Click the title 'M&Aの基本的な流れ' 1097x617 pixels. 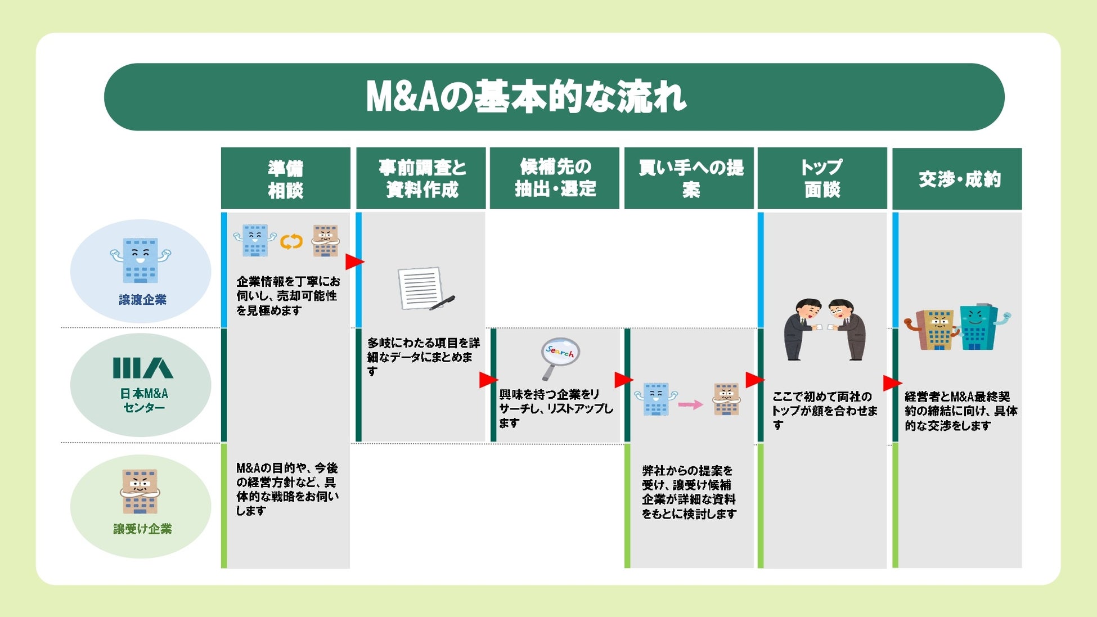pyautogui.click(x=526, y=97)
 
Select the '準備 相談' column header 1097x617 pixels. pyautogui.click(x=285, y=179)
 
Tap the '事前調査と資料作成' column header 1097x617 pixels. pyautogui.click(x=421, y=178)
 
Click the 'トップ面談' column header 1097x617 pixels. pyautogui.click(x=822, y=178)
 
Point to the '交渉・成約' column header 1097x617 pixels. pyautogui.click(x=959, y=179)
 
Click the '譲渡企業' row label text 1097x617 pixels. pyautogui.click(x=142, y=300)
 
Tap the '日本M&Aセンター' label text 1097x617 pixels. pyautogui.click(x=144, y=400)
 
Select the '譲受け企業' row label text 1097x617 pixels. pyautogui.click(x=142, y=529)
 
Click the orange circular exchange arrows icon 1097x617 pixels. pyautogui.click(x=291, y=241)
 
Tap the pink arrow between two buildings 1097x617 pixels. pyautogui.click(x=690, y=404)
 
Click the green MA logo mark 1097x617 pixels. pyautogui.click(x=143, y=368)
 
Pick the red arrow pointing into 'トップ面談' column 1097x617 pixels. pyautogui.click(x=754, y=380)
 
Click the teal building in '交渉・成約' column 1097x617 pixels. pyautogui.click(x=980, y=327)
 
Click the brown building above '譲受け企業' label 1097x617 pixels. pyautogui.click(x=140, y=491)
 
